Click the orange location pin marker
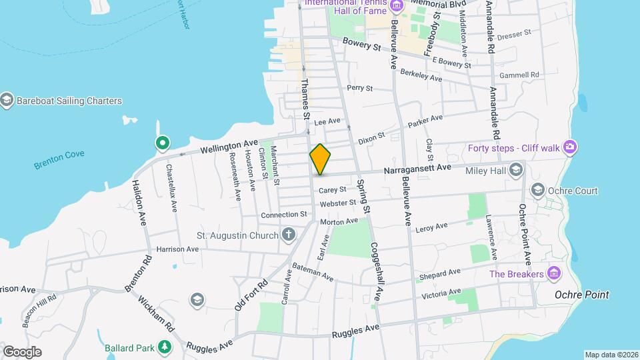(320, 159)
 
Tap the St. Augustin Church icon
(288, 234)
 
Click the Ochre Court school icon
(537, 191)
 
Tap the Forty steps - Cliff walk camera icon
(569, 147)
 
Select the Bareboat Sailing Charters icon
(7, 101)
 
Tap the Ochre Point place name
(581, 295)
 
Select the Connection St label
(283, 215)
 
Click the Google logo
(22, 351)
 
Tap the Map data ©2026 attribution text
(611, 355)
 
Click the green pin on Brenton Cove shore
(162, 143)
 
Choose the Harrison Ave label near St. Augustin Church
(177, 249)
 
